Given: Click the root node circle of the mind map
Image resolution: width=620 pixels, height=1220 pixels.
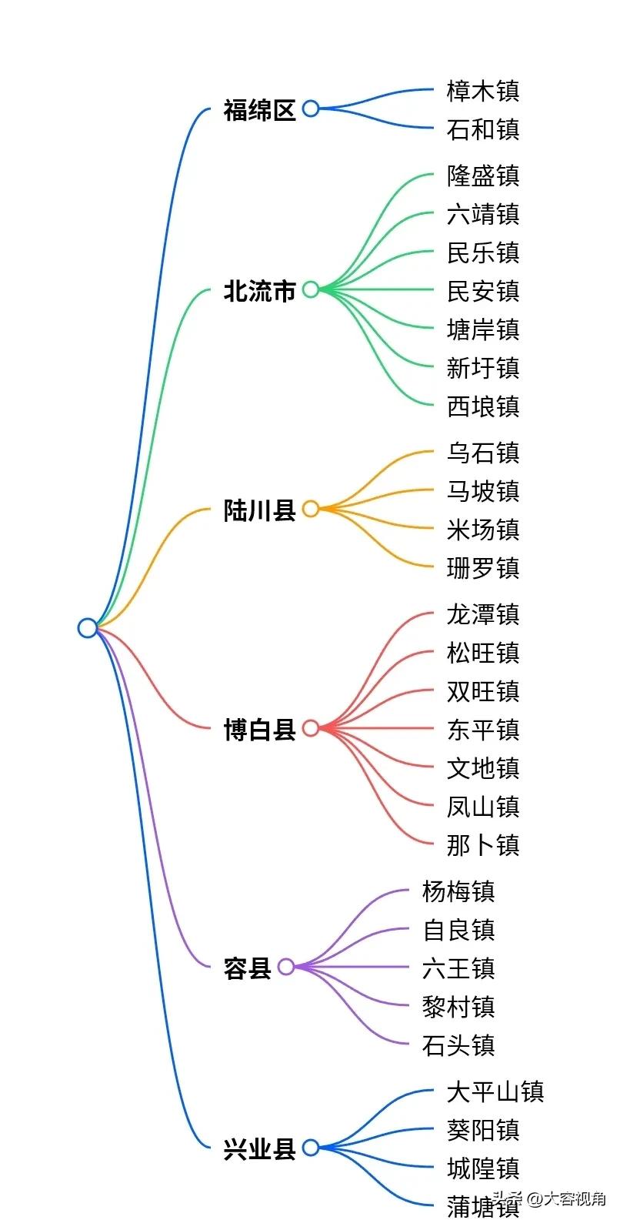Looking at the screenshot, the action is (x=88, y=628).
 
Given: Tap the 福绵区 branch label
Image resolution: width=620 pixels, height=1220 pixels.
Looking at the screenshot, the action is (x=259, y=110).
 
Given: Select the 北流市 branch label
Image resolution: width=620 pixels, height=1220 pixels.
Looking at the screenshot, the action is (x=259, y=291).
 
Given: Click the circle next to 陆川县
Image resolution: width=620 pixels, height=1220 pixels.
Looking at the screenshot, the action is (x=310, y=509).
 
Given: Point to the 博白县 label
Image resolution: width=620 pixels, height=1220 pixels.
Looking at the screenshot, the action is (x=259, y=729).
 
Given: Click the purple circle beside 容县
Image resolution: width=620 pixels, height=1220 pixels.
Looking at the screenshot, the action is (x=286, y=967).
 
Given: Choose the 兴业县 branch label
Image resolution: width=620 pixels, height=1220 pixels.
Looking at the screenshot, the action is (x=259, y=1149).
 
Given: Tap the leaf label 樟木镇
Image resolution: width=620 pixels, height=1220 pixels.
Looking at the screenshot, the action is (x=483, y=91).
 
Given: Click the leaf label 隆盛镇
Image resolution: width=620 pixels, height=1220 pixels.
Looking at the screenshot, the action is (x=483, y=175).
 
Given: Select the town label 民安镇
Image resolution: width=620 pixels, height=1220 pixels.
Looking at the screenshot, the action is (x=483, y=291).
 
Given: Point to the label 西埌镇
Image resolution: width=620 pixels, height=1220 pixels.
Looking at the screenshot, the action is (x=483, y=406).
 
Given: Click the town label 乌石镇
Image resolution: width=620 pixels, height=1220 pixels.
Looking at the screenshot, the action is (x=483, y=453).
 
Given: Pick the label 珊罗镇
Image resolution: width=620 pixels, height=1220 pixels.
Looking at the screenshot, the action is (x=483, y=568).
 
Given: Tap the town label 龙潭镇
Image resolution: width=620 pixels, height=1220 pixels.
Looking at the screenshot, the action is (x=483, y=614).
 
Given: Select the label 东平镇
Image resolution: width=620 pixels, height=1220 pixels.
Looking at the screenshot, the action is (x=483, y=729).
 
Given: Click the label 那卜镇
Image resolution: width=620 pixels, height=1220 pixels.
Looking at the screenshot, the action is (x=483, y=845).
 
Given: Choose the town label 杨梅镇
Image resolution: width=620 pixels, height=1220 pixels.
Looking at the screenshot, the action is (x=458, y=891).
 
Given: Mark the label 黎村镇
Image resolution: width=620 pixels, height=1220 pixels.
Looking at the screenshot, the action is (x=458, y=1007).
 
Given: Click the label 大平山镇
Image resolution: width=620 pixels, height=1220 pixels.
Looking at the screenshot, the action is (x=495, y=1091).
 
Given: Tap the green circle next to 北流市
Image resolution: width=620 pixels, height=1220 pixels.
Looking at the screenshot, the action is (x=310, y=289).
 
